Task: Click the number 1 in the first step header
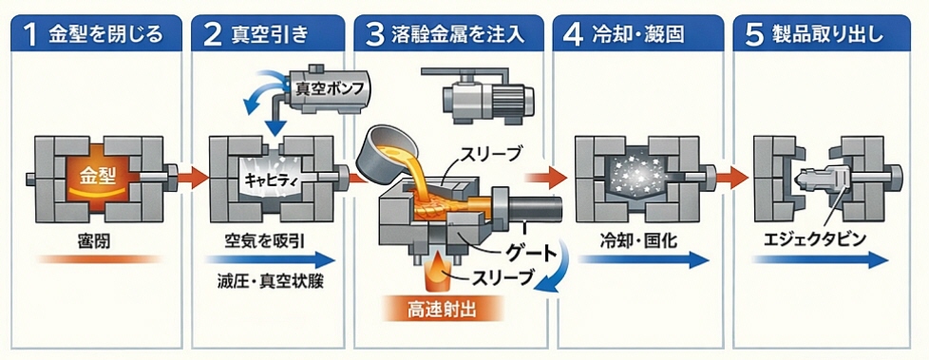(x=31, y=35)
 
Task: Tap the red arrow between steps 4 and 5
(x=731, y=176)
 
